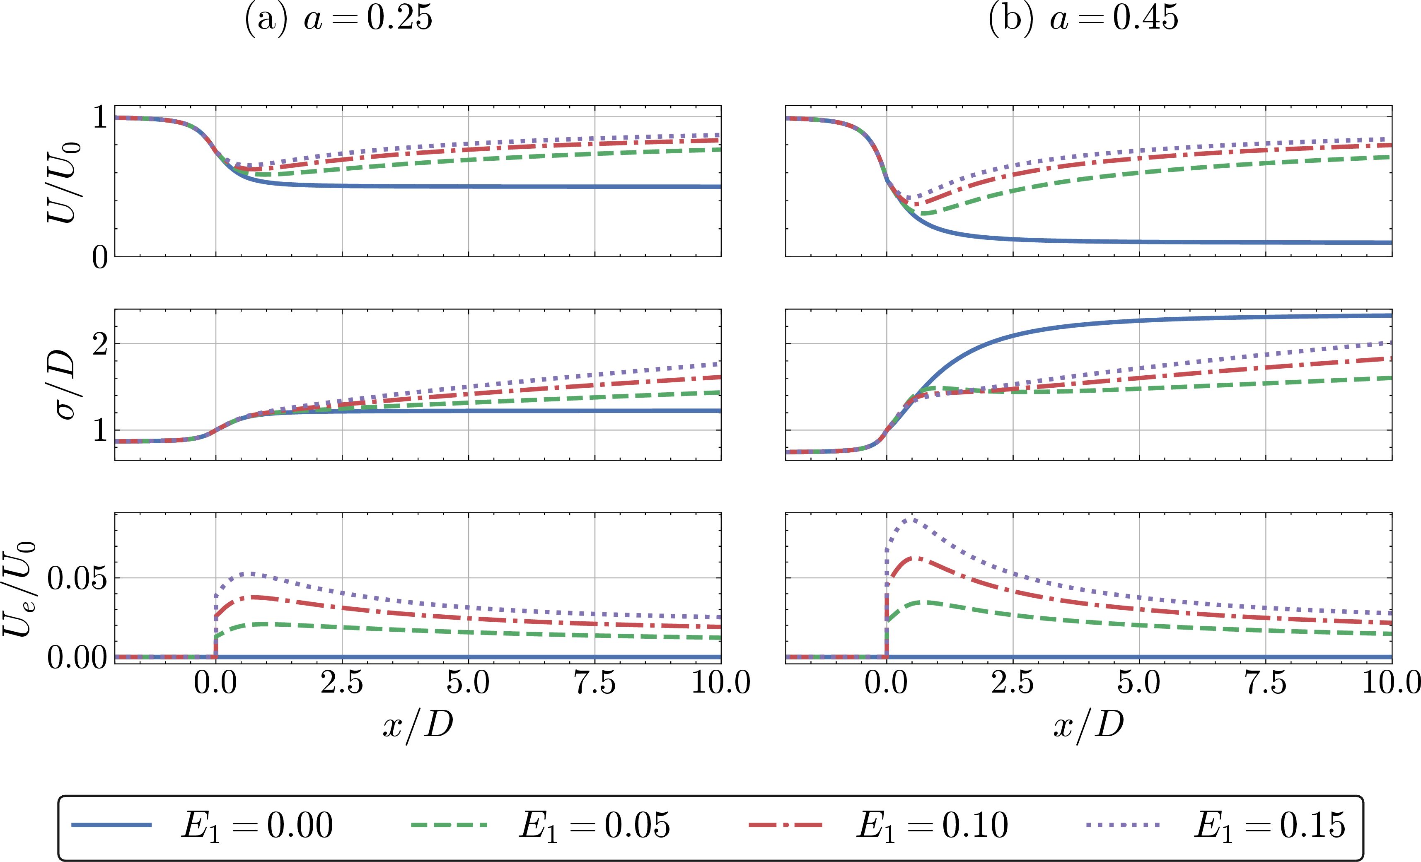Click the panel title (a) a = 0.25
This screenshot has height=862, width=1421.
[338, 19]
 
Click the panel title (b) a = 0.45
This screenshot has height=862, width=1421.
[1083, 19]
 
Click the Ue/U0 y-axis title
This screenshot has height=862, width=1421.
[22, 588]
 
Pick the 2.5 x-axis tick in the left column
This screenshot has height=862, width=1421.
[342, 683]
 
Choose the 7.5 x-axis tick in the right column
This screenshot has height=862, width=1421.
[1265, 683]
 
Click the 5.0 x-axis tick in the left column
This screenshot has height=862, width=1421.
[468, 683]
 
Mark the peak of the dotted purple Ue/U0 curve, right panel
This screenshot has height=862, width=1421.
[911, 519]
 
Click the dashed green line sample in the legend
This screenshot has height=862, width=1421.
[449, 825]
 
